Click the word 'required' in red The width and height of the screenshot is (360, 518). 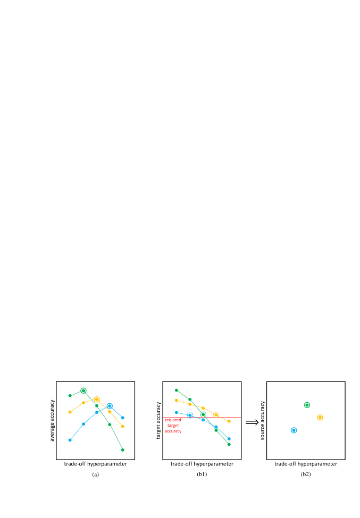click(x=173, y=420)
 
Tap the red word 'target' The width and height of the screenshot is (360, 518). click(x=173, y=426)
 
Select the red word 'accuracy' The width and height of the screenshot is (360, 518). click(x=173, y=431)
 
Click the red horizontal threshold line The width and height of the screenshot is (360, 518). click(x=234, y=417)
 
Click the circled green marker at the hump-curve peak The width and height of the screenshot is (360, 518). click(x=83, y=390)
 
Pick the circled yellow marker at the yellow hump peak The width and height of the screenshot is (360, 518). click(x=96, y=400)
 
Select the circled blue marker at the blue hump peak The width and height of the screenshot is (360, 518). click(x=110, y=406)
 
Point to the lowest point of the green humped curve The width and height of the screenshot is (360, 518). click(x=122, y=450)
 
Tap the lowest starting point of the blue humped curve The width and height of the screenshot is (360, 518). click(x=70, y=440)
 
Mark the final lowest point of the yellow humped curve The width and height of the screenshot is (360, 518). click(x=122, y=426)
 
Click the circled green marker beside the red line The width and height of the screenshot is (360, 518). click(x=203, y=414)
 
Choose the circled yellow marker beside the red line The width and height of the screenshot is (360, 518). click(x=216, y=414)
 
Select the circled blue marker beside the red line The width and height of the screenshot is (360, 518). click(x=190, y=415)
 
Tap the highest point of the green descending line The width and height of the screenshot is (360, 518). click(x=177, y=390)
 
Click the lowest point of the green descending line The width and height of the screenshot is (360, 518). click(x=229, y=444)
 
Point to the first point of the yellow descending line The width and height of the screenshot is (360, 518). click(x=177, y=400)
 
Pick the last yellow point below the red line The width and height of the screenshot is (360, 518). click(x=229, y=421)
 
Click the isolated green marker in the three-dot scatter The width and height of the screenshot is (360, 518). click(x=307, y=405)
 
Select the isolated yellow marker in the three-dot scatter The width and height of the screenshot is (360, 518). click(x=320, y=418)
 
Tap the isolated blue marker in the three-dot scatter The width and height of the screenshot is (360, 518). click(x=294, y=430)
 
